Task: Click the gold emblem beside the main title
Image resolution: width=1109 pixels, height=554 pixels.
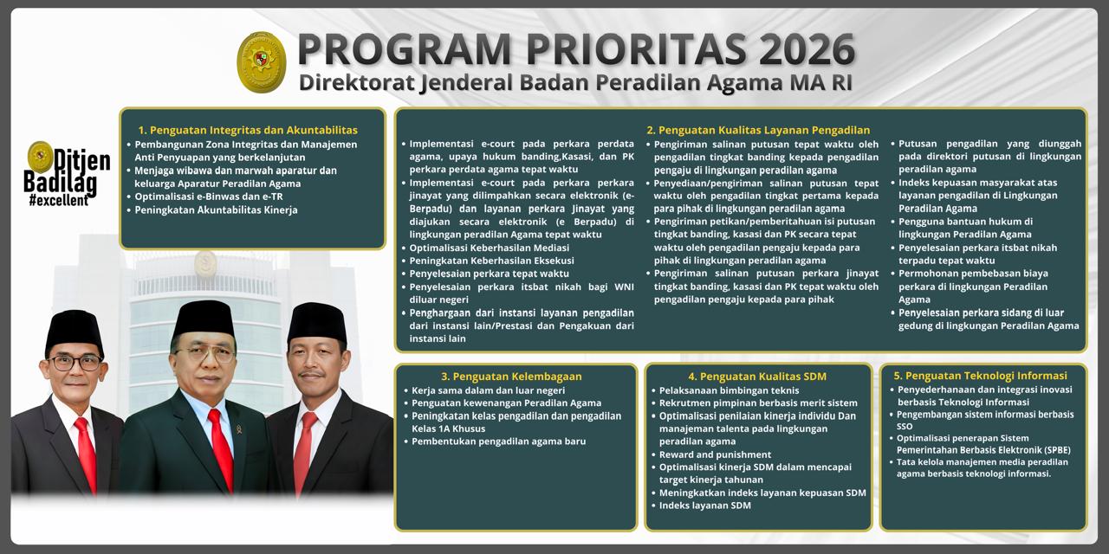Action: (262, 62)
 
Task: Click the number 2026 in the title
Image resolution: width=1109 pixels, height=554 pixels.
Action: (807, 50)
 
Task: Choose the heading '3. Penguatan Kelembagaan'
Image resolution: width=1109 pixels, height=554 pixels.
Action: (511, 377)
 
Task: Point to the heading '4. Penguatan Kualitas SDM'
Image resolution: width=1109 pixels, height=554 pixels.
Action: (757, 377)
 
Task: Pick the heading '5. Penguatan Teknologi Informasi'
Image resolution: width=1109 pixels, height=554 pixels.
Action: (980, 376)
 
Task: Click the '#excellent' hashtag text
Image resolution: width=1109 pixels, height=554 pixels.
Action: (58, 201)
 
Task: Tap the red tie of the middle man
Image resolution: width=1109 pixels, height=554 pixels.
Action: (220, 446)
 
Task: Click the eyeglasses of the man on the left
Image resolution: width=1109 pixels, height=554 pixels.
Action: (75, 362)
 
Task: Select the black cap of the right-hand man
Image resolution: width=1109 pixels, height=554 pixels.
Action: (317, 322)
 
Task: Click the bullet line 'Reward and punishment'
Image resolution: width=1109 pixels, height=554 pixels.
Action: (715, 454)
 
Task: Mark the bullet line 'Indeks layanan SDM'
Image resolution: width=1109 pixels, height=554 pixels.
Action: (704, 506)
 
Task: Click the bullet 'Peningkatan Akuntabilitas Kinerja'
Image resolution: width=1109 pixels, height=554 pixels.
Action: (216, 209)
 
